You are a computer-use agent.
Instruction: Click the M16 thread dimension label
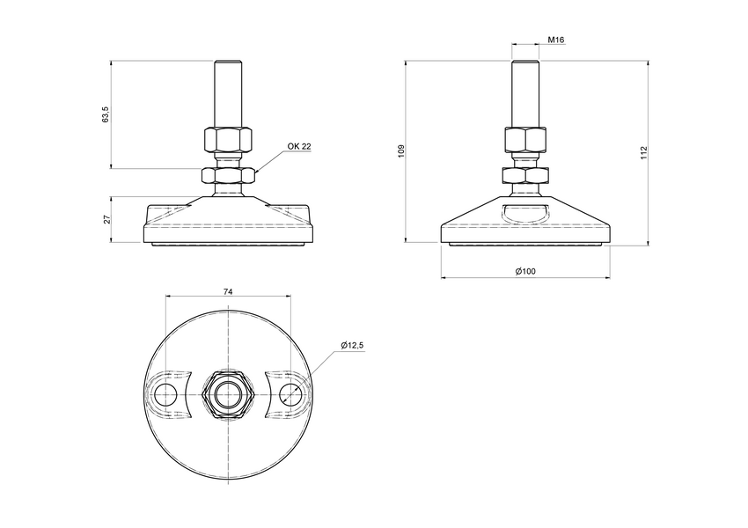pos(555,40)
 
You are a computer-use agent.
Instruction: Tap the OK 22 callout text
pos(299,147)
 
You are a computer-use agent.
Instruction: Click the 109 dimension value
pos(400,150)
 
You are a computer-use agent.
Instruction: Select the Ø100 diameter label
pos(524,271)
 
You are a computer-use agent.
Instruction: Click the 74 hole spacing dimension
pos(228,290)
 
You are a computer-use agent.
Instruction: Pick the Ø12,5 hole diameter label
pos(352,346)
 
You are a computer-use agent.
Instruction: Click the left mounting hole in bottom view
pos(165,392)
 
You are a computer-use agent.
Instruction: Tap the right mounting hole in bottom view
pos(290,392)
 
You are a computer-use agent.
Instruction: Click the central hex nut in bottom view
pos(228,392)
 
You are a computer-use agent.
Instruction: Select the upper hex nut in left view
pos(228,139)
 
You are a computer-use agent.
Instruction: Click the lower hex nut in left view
pos(228,175)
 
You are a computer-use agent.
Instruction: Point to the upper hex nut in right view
pos(524,139)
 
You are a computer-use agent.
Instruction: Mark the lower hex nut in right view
pos(524,175)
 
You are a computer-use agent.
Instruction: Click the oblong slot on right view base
pos(524,211)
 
